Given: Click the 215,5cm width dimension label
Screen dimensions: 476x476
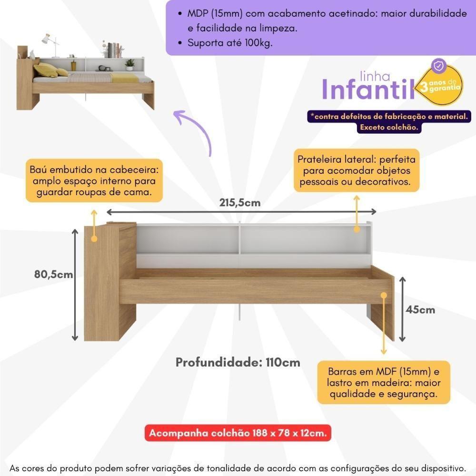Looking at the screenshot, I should coord(240,203).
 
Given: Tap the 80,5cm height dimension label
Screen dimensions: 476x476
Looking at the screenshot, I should coord(53,274).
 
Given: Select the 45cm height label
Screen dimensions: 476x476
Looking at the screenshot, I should coord(420,309).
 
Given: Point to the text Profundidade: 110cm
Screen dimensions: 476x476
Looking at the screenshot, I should coord(238,362).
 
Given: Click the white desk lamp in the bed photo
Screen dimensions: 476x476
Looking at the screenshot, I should coord(50,41).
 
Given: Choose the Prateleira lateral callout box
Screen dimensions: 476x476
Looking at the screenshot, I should coord(357,170).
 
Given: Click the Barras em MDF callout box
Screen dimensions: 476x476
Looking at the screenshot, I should coord(383,382).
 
